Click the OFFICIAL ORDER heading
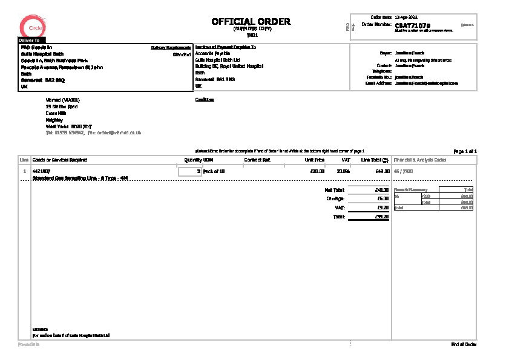[x=251, y=22]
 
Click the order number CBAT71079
[x=412, y=25]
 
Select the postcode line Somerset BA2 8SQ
[x=39, y=80]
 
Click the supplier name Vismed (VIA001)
[x=62, y=100]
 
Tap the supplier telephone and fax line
[x=93, y=131]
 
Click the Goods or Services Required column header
[x=60, y=160]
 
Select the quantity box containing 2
[x=190, y=172]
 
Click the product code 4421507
[x=40, y=172]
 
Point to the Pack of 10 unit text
[x=214, y=172]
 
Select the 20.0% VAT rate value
[x=343, y=172]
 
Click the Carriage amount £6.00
[x=383, y=198]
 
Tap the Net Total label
[x=335, y=190]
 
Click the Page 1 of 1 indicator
[x=465, y=151]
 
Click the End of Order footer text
[x=464, y=344]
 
